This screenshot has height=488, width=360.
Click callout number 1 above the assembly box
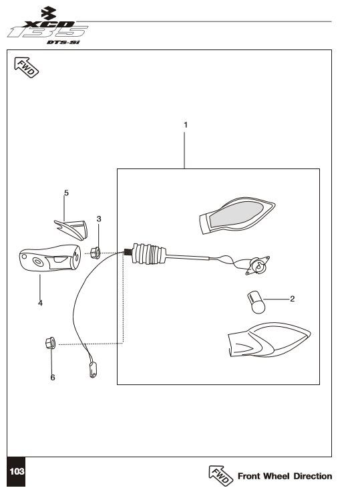tap(186, 125)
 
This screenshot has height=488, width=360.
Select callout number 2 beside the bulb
tap(293, 299)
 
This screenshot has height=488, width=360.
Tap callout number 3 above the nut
tap(99, 219)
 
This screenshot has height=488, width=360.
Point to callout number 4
tap(40, 303)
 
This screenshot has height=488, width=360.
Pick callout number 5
tap(66, 193)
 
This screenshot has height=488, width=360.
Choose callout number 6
tap(53, 378)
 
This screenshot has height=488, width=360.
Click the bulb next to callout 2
tap(256, 302)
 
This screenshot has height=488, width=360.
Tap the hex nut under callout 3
tap(95, 253)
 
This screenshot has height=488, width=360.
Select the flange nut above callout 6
tap(50, 343)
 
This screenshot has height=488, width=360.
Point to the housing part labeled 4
tap(49, 258)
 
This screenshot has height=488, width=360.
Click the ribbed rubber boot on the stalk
tap(148, 253)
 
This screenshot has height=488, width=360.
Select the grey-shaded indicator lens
tap(236, 215)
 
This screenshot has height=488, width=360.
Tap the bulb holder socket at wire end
tap(258, 265)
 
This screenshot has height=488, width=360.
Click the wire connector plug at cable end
tap(93, 370)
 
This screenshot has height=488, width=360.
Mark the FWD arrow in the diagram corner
tap(27, 68)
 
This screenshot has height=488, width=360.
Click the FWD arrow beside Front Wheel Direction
tap(220, 475)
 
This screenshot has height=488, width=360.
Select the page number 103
tap(17, 471)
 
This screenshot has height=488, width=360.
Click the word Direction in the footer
tap(313, 476)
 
